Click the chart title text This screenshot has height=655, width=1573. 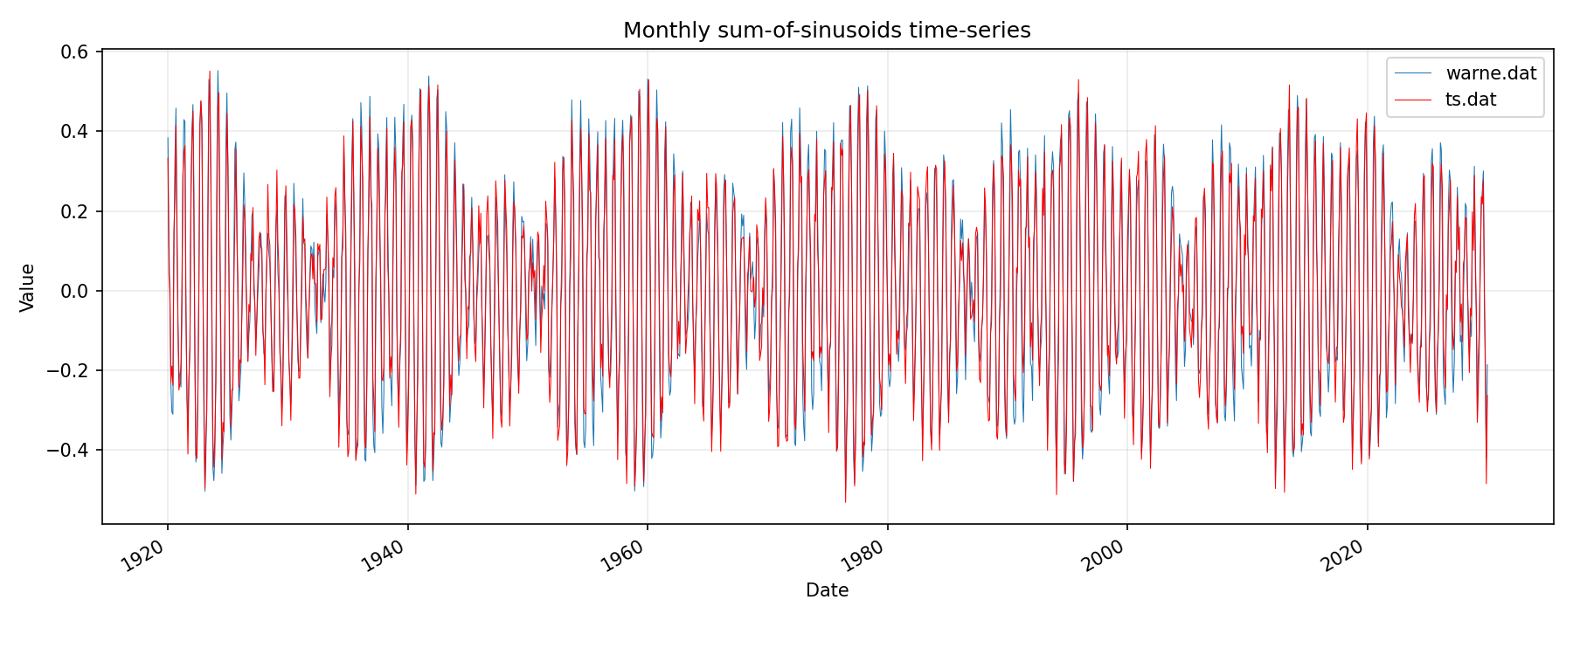827,31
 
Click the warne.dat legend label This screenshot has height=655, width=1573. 1491,73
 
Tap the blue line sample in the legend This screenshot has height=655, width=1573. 1412,73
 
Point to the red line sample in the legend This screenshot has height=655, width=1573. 1412,100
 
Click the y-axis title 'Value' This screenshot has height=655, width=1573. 28,287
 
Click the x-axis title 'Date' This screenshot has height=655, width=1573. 827,591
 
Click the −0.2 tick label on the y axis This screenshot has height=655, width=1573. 69,370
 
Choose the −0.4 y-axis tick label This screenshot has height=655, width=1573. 69,450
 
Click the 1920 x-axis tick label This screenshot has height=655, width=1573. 143,556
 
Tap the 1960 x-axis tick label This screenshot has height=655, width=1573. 623,556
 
